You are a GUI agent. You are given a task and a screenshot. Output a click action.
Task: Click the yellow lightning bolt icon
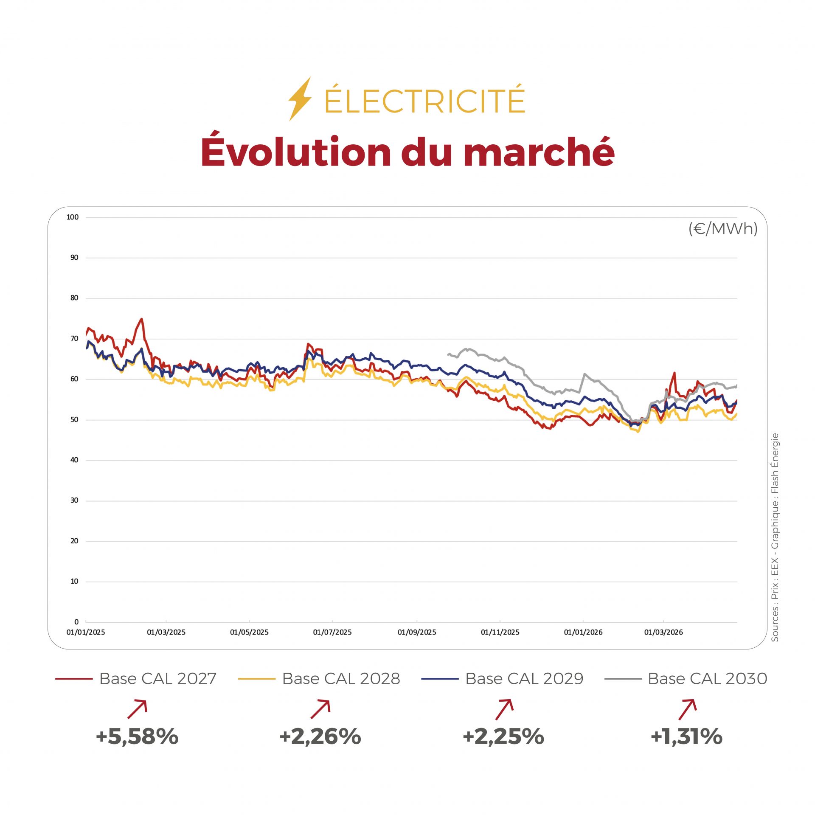(300, 99)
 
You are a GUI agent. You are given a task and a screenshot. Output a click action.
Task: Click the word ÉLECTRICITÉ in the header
(424, 101)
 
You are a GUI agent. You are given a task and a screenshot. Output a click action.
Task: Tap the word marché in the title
(539, 152)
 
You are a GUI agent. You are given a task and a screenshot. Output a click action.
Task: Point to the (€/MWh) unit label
(722, 229)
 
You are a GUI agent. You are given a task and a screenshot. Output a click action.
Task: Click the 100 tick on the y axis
(73, 217)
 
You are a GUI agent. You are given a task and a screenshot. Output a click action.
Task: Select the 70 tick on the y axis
(74, 338)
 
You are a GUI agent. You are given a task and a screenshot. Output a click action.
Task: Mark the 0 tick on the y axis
(76, 622)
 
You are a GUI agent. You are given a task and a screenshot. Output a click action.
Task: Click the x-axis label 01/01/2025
(86, 632)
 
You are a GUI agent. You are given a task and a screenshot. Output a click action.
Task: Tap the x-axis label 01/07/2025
(332, 632)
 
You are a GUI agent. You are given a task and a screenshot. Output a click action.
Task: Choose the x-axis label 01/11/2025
(500, 632)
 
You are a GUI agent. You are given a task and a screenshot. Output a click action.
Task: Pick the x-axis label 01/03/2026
(663, 632)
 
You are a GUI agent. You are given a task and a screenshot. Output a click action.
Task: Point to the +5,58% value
(137, 736)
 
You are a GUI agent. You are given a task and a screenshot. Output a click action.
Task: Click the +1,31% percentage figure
(686, 736)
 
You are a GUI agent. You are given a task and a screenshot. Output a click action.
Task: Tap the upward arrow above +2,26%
(320, 709)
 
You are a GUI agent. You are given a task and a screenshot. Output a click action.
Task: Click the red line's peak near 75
(141, 319)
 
